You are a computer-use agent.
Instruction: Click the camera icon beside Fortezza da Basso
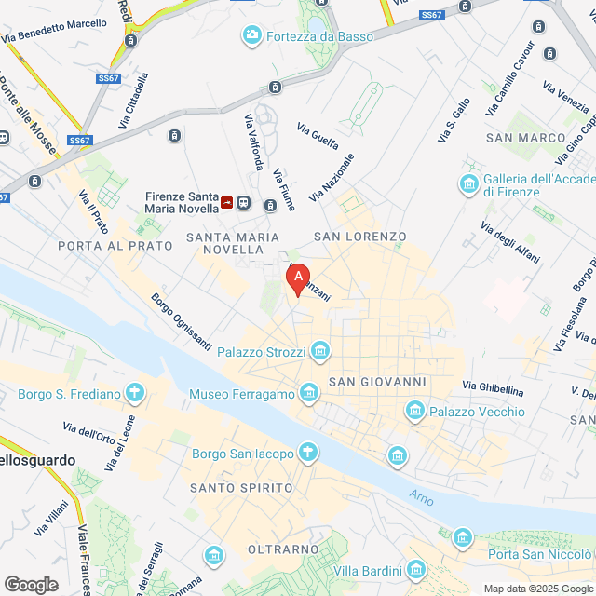(x=251, y=36)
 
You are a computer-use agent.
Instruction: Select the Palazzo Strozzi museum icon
(x=320, y=351)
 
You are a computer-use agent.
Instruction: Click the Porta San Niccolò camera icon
(x=462, y=537)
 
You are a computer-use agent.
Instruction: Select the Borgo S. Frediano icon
(x=135, y=393)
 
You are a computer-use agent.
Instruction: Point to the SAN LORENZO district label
(x=360, y=237)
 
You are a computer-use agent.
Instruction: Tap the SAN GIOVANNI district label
(x=377, y=382)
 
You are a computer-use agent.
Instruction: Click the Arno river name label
(x=422, y=498)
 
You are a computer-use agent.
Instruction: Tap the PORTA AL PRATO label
(x=115, y=246)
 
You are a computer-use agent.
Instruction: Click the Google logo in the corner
(x=31, y=585)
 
